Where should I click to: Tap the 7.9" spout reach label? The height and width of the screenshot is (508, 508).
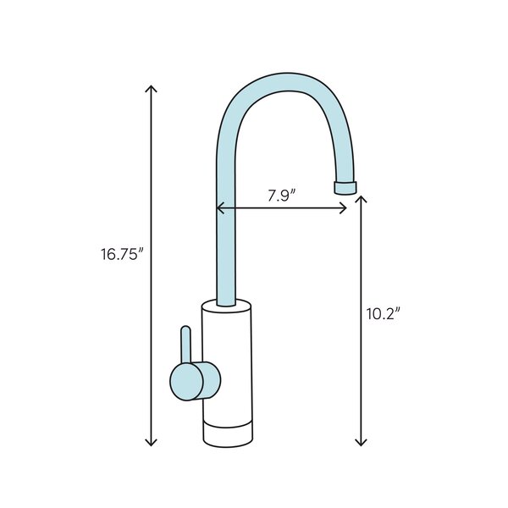point(281,195)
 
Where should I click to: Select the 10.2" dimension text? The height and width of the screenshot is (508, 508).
point(383,312)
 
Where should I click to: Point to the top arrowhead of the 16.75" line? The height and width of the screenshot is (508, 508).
point(152,88)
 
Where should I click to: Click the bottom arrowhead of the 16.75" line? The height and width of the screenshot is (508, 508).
point(152,443)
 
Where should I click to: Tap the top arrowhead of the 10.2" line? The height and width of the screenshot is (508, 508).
point(362,198)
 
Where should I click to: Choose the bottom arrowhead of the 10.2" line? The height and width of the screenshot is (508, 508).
point(362,443)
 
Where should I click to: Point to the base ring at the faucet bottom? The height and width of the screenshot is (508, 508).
point(228,433)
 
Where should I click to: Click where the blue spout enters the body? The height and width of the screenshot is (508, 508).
point(226,301)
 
